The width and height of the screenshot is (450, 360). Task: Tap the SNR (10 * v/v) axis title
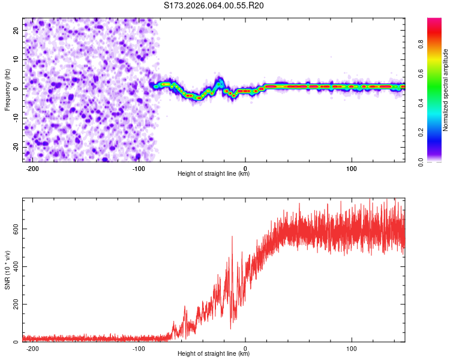(7, 270)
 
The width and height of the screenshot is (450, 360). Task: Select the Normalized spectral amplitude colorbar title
(445, 90)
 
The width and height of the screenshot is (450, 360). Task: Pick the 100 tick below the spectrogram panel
(352, 169)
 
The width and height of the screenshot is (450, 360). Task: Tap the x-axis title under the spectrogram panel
(214, 174)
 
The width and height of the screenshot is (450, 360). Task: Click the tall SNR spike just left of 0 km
(232, 238)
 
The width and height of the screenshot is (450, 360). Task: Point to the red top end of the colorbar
(434, 21)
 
